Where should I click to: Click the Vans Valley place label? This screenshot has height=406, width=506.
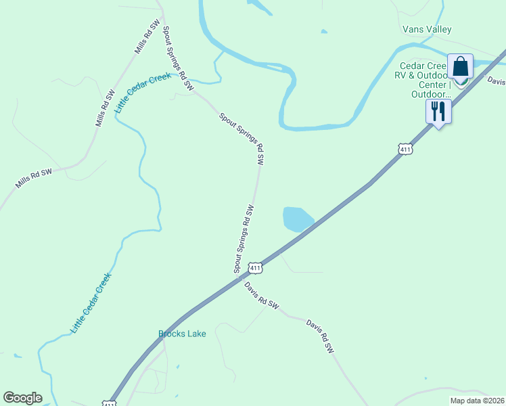pos(426,30)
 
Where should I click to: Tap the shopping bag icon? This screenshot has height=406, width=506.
pos(460,67)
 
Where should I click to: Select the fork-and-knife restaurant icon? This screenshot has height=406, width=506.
pos(438,110)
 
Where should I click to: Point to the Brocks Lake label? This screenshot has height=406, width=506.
pos(182,334)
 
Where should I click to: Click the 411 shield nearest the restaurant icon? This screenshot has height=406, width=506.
pos(405,149)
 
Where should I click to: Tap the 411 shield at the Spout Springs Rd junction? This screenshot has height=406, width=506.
pos(254,268)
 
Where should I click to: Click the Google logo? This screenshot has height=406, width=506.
pos(22,398)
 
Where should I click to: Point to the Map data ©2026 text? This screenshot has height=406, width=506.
pos(477,401)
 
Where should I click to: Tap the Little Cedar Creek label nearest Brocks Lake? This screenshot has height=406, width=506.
pos(91,302)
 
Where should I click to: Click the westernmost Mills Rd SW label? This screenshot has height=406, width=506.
pos(34,179)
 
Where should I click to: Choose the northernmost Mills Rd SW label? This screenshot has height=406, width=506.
pos(147,37)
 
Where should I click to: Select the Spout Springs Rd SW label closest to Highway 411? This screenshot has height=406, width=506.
pos(244,239)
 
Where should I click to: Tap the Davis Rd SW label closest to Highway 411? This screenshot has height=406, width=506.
pos(262,296)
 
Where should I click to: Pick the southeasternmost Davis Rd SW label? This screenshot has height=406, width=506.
pos(320,336)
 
